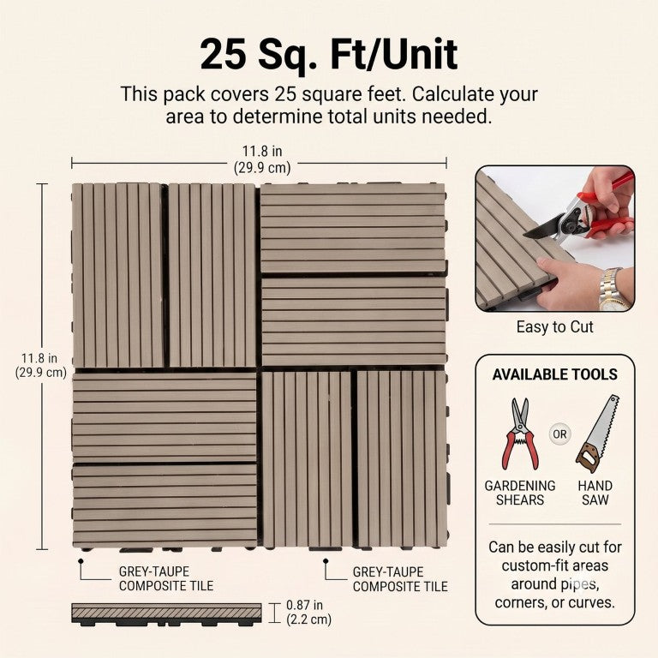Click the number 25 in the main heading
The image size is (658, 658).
tap(223, 55)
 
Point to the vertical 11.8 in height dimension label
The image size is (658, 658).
tap(41, 366)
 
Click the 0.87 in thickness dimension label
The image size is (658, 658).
tap(308, 613)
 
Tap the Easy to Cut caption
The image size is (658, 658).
tap(555, 327)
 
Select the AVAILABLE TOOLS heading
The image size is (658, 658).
tap(555, 374)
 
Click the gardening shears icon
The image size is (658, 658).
tap(520, 434)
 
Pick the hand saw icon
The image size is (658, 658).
tap(597, 434)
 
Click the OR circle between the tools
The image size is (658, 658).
tap(559, 434)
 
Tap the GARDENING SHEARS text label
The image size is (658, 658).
tap(520, 493)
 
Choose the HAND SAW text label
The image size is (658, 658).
tap(595, 493)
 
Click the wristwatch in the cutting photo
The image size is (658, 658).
tap(613, 290)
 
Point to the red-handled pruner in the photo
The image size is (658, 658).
tap(583, 214)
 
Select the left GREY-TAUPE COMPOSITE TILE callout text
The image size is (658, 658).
tap(166, 578)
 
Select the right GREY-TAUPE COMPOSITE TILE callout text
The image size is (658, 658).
tap(400, 579)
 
